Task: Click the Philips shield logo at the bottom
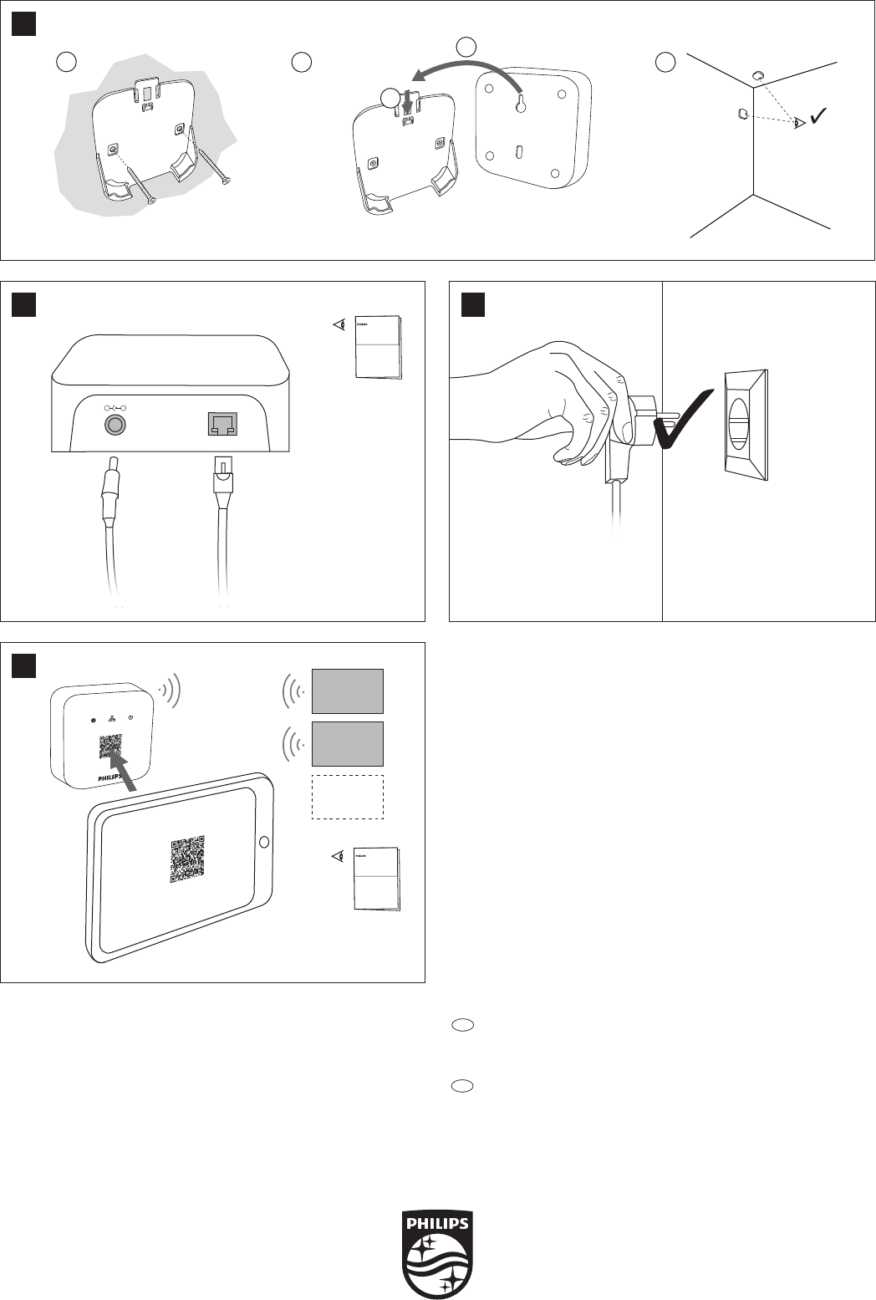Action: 438,1252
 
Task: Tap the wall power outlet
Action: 746,426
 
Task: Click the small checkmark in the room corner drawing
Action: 818,117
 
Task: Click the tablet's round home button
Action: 265,841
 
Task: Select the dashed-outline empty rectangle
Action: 347,797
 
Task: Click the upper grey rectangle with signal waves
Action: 347,691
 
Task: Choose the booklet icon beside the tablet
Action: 376,879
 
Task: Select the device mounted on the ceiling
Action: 756,76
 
